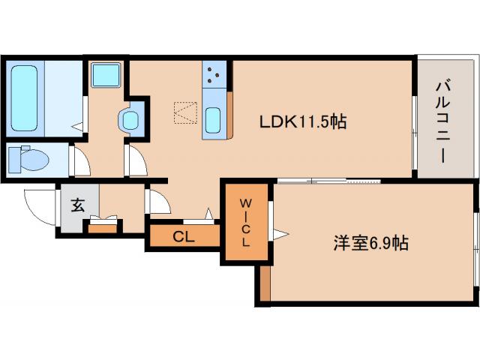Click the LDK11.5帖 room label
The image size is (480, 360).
302,121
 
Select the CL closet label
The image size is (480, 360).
183,237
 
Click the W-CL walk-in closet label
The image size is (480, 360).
245,223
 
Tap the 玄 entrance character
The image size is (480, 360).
77,205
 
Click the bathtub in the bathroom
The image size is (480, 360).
26,97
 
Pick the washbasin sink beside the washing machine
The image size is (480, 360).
130,118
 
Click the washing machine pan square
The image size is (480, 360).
106,75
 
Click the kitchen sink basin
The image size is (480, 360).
214,118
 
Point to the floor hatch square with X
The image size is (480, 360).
184,112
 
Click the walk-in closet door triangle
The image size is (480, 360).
280,235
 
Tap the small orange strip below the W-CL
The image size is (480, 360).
264,283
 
